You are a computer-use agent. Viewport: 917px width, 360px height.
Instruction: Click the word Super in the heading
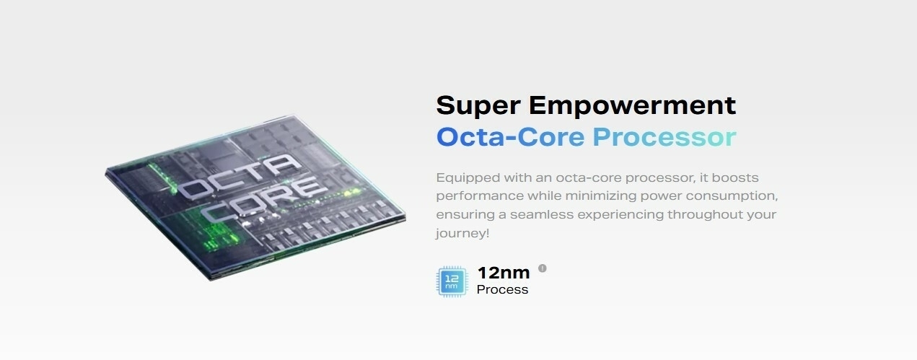point(478,106)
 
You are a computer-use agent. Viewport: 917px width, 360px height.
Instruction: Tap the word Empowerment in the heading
point(633,106)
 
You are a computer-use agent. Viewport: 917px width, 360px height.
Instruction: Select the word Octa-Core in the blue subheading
point(511,137)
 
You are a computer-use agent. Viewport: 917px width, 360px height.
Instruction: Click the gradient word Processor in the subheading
point(664,137)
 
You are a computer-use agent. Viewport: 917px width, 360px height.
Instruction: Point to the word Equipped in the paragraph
point(468,177)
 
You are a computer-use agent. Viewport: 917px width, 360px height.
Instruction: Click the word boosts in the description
point(735,177)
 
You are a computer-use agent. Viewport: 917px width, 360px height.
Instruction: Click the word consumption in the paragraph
point(732,196)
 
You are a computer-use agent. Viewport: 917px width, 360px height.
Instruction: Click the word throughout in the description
point(705,215)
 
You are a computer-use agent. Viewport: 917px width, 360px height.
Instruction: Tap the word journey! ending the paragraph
point(462,234)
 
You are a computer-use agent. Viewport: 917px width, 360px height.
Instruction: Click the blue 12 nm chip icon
point(452,281)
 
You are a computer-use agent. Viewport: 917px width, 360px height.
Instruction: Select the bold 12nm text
point(504,273)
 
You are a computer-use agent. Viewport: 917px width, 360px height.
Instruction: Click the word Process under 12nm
point(502,289)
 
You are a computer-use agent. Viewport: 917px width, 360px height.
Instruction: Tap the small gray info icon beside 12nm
point(543,268)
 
